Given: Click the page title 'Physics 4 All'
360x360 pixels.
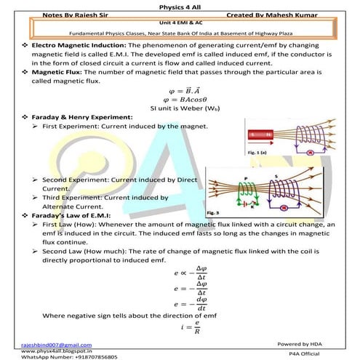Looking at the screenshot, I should [179, 5].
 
